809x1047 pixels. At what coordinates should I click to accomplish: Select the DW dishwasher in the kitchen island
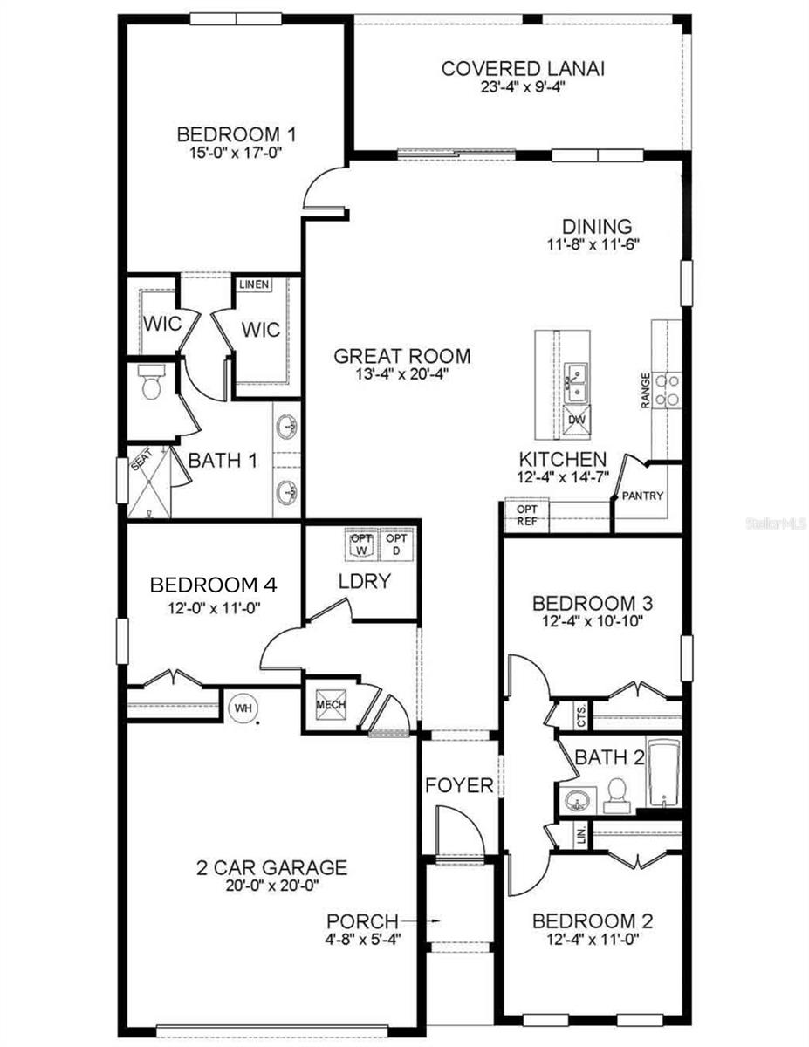click(576, 421)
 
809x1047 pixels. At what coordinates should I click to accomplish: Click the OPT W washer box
click(361, 544)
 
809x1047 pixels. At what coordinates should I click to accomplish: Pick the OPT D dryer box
click(396, 544)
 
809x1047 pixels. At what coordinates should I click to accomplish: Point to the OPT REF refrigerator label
click(526, 515)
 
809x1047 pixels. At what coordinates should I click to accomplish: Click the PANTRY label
click(643, 496)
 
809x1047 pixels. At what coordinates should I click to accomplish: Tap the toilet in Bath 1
click(151, 383)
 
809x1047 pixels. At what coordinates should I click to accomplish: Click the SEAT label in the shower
click(138, 463)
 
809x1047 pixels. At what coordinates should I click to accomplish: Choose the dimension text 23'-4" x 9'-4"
click(511, 87)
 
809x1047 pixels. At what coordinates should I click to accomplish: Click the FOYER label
click(459, 785)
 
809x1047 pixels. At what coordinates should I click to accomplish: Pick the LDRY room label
click(364, 581)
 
